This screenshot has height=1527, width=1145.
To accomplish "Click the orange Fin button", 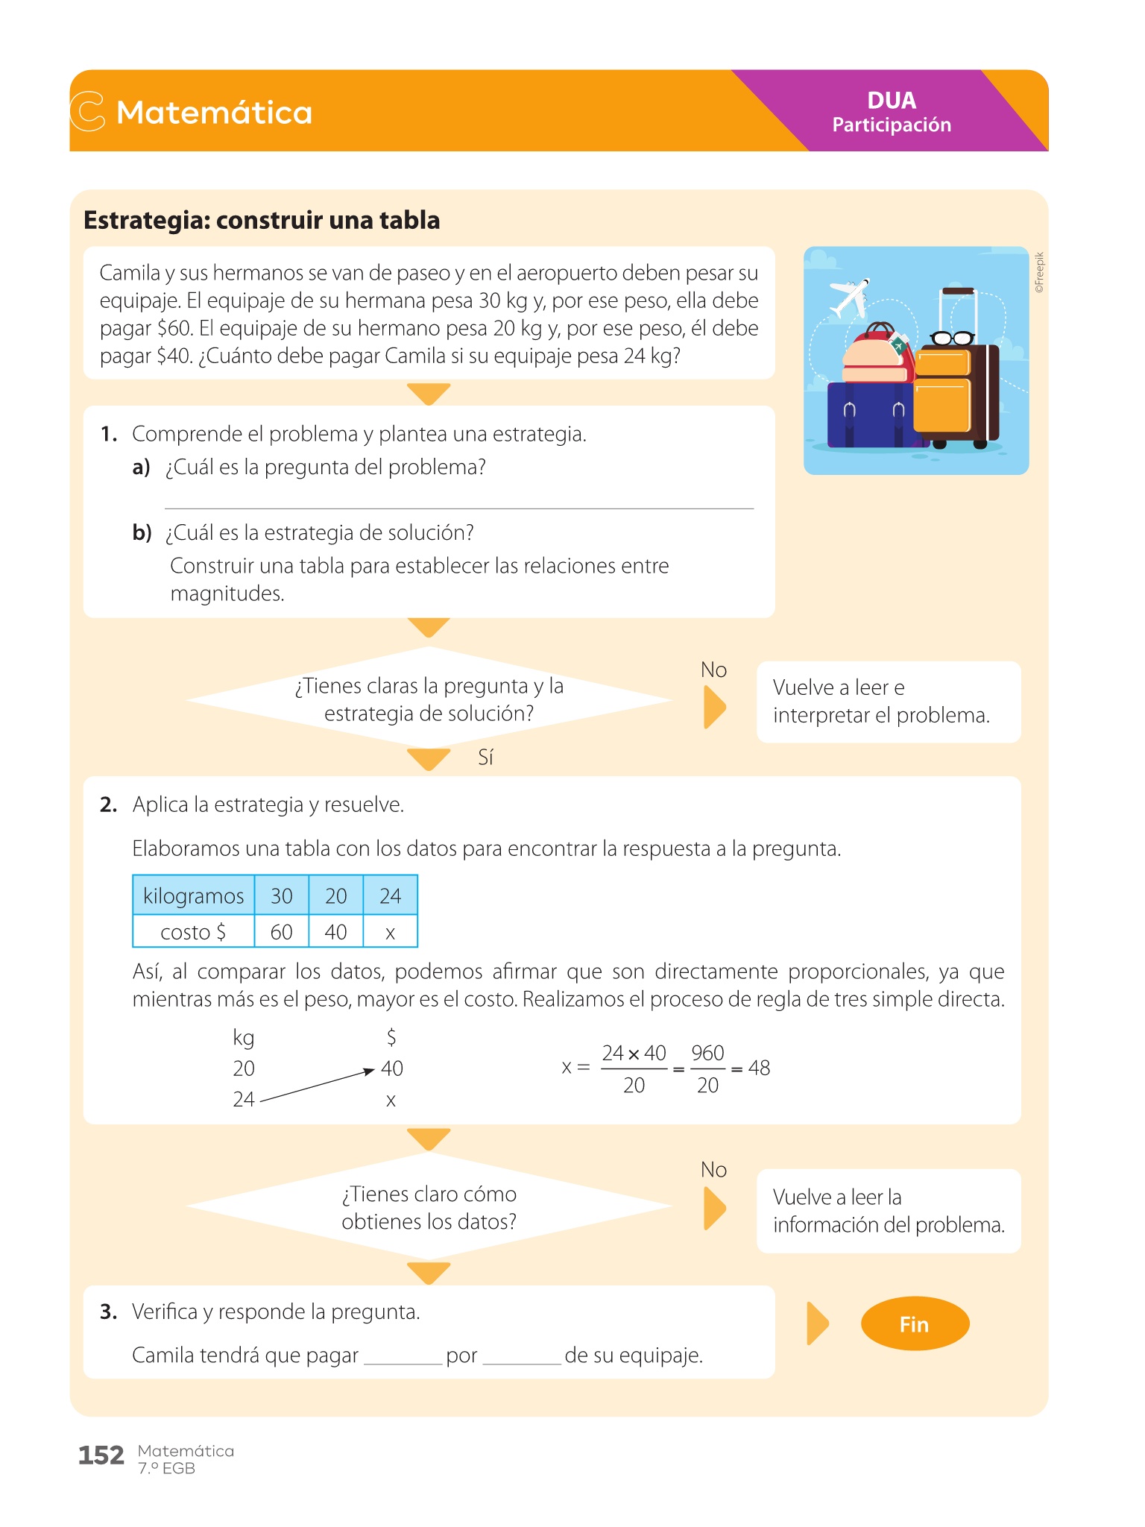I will pyautogui.click(x=914, y=1324).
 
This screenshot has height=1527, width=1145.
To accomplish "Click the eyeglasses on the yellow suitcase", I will pyautogui.click(x=952, y=338).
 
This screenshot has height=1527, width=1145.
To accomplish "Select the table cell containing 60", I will pyautogui.click(x=281, y=932).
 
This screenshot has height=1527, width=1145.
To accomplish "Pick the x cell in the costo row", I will pyautogui.click(x=390, y=932).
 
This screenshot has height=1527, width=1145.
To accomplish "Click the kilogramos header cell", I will pyautogui.click(x=193, y=895).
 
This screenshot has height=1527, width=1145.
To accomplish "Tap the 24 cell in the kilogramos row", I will pyautogui.click(x=390, y=895).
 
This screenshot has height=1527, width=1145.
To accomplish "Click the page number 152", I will pyautogui.click(x=101, y=1455).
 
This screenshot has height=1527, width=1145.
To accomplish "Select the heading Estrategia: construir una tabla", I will pyautogui.click(x=262, y=221).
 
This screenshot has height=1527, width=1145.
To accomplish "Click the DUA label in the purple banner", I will pyautogui.click(x=892, y=101).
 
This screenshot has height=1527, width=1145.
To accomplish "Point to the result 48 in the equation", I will pyautogui.click(x=759, y=1068).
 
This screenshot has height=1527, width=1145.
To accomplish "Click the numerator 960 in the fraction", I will pyautogui.click(x=707, y=1053).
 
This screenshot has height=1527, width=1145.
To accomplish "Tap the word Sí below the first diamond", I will pyautogui.click(x=485, y=758).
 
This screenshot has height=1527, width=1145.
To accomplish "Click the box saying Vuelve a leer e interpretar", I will pyautogui.click(x=888, y=702).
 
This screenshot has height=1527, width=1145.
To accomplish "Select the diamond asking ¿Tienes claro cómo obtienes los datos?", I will pyautogui.click(x=429, y=1207).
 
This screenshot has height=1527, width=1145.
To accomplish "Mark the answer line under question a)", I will pyautogui.click(x=458, y=506).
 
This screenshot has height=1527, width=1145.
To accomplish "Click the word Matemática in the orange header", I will pyautogui.click(x=214, y=113).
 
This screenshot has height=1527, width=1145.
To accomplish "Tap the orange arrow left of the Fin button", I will pyautogui.click(x=817, y=1324).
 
